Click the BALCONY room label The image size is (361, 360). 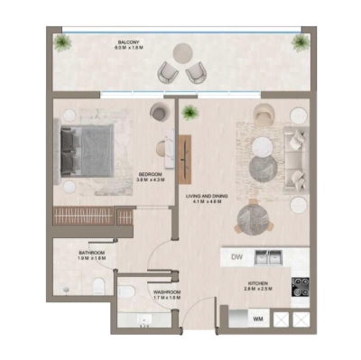pyautogui.click(x=128, y=44)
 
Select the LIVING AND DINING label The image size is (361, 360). pyautogui.click(x=204, y=198)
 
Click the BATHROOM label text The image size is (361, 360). pyautogui.click(x=92, y=254)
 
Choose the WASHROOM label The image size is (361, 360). pyautogui.click(x=168, y=293)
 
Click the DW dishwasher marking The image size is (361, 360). pyautogui.click(x=237, y=258)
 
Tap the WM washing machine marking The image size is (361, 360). pyautogui.click(x=257, y=318)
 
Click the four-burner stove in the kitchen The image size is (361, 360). pyautogui.click(x=300, y=287)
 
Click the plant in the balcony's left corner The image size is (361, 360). pyautogui.click(x=62, y=42)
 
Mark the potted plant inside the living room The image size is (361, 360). pyautogui.click(x=189, y=113)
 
